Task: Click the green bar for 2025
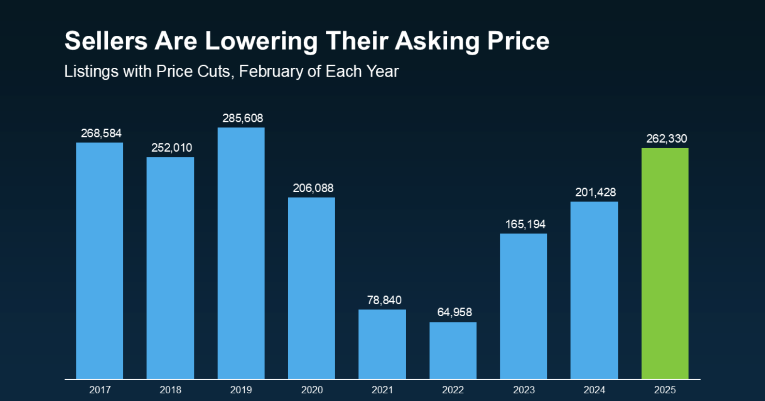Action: coord(664,263)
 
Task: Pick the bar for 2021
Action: coord(382,344)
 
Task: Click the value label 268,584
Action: coord(101,133)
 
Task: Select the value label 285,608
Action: coord(243,118)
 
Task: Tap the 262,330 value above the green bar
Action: coord(666,139)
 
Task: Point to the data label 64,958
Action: coord(455,312)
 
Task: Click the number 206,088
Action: coord(313,188)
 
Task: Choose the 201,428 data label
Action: coord(595,192)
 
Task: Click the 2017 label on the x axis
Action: coord(100,390)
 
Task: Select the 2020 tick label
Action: coord(312,390)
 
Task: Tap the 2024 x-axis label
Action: coord(594,390)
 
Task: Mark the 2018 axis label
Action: coord(171,390)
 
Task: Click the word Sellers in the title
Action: coord(106,41)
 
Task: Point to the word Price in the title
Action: coord(518,41)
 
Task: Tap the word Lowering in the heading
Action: coord(262,41)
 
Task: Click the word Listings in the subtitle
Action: coord(91,72)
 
